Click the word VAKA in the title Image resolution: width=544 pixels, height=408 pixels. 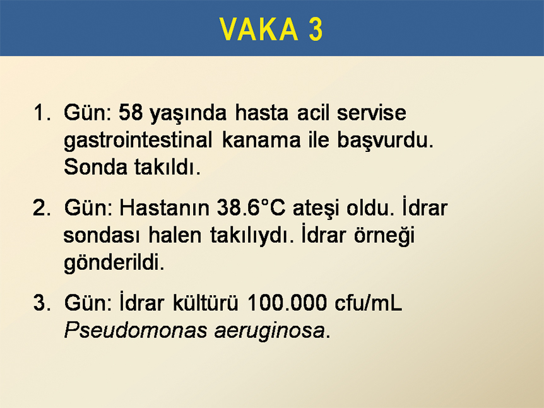click(x=259, y=29)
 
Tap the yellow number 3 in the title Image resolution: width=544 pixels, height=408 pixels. click(x=316, y=29)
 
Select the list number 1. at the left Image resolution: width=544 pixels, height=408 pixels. click(x=42, y=113)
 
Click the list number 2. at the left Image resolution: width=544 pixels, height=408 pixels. click(x=42, y=208)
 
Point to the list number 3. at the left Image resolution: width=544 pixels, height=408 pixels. click(x=42, y=303)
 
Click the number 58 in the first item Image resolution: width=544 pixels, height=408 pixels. click(x=131, y=113)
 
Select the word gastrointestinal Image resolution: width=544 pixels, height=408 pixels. click(x=138, y=141)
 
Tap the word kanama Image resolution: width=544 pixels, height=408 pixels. click(x=261, y=140)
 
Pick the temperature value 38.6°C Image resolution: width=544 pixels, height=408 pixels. click(x=251, y=207)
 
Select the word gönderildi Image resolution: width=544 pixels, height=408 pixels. click(x=114, y=263)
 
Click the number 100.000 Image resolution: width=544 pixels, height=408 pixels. click(x=287, y=303)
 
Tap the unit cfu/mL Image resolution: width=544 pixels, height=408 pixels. click(x=369, y=303)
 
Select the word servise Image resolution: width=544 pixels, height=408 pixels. click(x=372, y=113)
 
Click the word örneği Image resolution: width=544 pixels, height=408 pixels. click(x=384, y=236)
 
